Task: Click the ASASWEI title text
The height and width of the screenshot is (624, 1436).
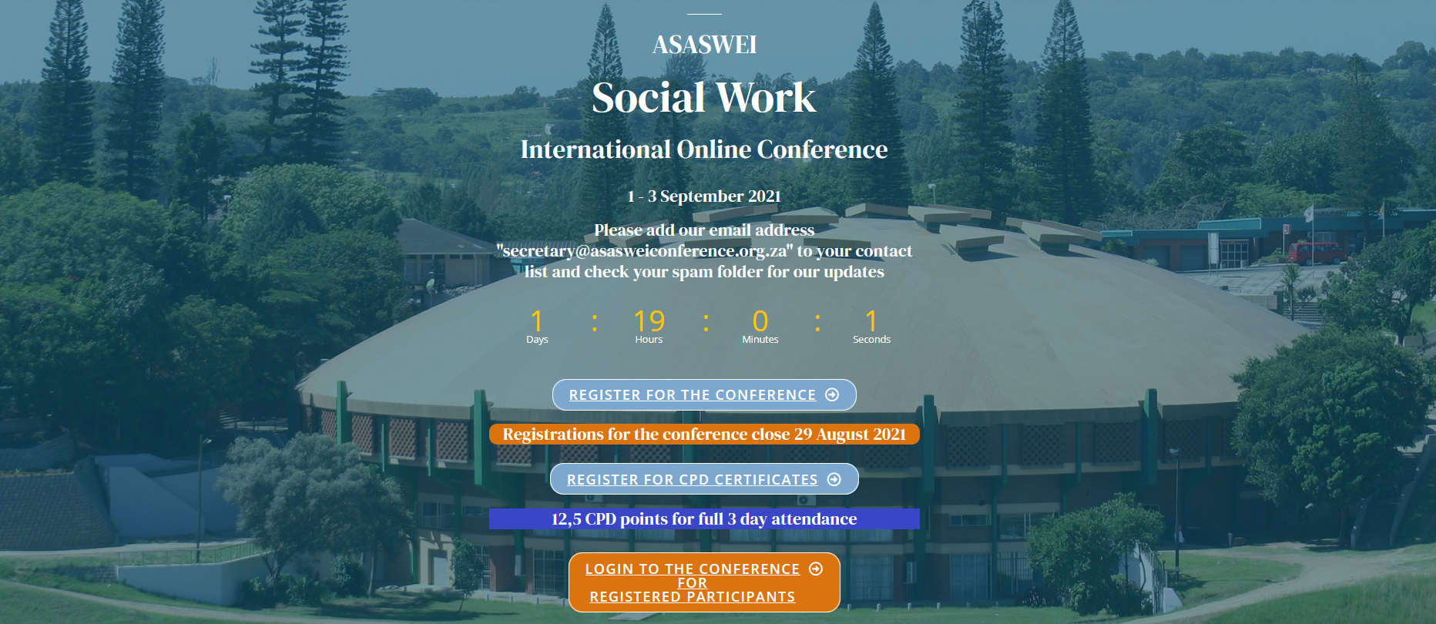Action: pos(704,45)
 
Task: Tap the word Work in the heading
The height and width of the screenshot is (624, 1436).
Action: pos(766,98)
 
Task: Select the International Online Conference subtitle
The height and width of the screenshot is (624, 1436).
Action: pos(704,149)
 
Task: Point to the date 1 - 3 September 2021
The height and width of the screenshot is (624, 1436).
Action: pos(704,196)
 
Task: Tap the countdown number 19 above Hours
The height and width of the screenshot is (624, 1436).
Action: pos(649,320)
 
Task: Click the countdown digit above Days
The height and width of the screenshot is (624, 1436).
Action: pos(537,320)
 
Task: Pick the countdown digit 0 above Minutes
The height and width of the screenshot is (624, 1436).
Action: pos(760,320)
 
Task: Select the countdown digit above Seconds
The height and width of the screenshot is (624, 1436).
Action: pos(871,320)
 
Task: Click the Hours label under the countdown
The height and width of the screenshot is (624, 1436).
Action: pos(649,340)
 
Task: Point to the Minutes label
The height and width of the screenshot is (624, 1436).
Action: pos(760,340)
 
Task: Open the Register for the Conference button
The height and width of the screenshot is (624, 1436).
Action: pos(704,395)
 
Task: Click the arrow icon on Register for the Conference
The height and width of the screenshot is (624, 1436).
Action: pos(832,394)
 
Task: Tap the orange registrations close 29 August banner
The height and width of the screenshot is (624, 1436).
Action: pos(704,434)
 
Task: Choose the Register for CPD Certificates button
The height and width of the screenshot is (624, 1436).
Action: pos(704,479)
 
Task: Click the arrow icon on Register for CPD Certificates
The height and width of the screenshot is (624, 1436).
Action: pos(834,479)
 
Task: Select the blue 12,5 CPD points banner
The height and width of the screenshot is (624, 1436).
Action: pos(704,519)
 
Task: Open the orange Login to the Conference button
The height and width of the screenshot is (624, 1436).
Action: pos(704,582)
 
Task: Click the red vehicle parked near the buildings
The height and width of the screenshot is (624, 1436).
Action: pos(1317,253)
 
